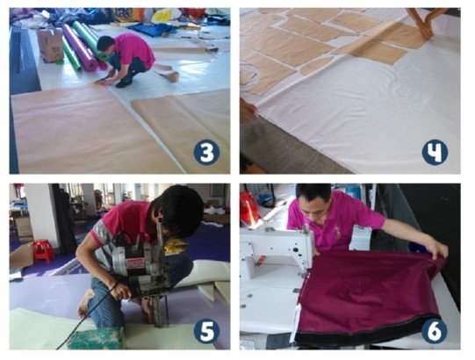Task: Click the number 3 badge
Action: (207, 154)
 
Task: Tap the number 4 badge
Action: (435, 152)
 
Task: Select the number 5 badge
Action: (207, 331)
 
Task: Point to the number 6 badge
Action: (435, 331)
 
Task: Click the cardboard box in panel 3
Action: (51, 45)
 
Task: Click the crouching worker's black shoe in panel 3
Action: (124, 83)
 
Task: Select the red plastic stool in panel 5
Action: (43, 250)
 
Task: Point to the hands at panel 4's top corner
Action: (424, 23)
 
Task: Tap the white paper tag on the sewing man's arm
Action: (361, 238)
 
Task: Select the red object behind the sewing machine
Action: (249, 207)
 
